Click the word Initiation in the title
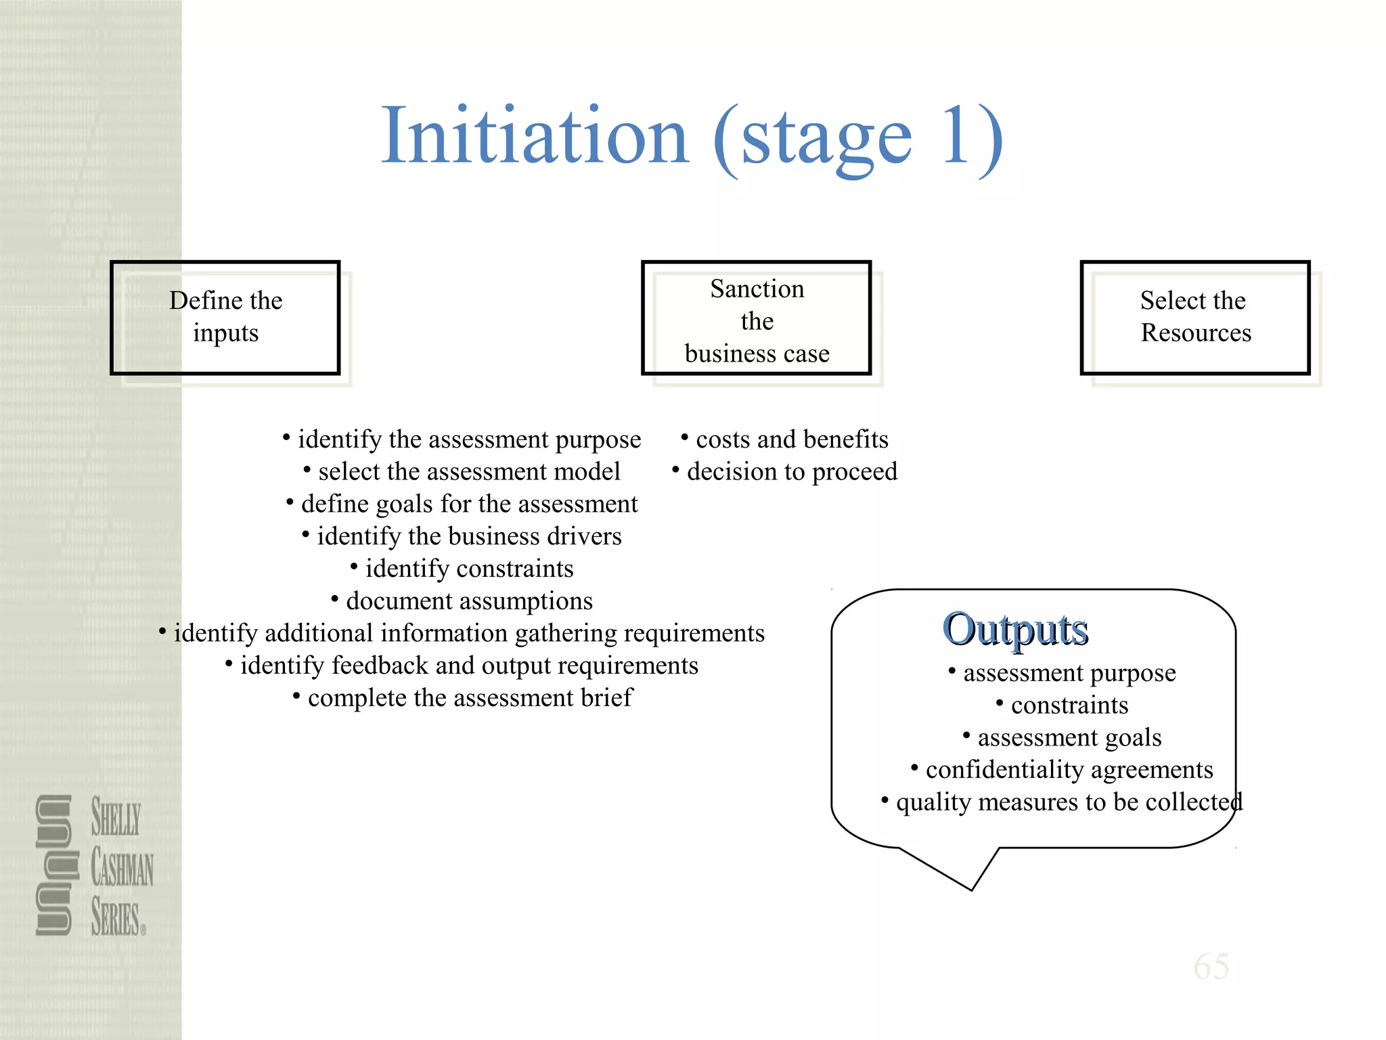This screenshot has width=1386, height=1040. (535, 137)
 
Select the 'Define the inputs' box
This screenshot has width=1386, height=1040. (225, 317)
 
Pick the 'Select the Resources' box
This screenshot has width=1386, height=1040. (1194, 317)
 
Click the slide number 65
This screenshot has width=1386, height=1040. (1211, 966)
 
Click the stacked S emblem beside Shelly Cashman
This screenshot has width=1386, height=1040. (54, 865)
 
